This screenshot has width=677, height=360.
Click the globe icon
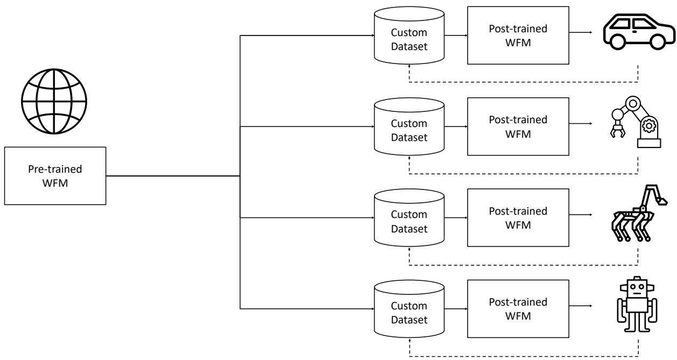point(54,101)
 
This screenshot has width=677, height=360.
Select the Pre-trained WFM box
point(55,176)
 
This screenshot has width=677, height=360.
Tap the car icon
point(639,32)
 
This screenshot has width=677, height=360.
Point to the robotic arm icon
point(635,122)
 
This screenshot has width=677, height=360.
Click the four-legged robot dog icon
point(638,213)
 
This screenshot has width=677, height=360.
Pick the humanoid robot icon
point(637,304)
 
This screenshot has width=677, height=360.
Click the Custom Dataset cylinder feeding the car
point(409,36)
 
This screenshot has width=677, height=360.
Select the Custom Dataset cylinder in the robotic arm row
point(409,126)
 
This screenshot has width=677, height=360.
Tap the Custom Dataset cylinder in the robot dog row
point(409,218)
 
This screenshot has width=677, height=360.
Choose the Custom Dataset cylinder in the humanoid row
point(409,309)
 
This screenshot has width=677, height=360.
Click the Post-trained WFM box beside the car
point(518,36)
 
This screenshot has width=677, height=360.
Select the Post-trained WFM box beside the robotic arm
point(518,126)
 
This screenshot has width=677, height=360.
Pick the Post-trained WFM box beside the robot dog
point(518,217)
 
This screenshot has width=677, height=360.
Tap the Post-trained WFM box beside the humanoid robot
point(518,309)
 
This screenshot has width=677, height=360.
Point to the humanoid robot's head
point(637,287)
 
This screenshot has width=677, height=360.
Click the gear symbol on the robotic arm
point(648,126)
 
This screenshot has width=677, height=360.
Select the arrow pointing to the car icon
point(581,32)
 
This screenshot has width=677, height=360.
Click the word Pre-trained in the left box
point(55,169)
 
